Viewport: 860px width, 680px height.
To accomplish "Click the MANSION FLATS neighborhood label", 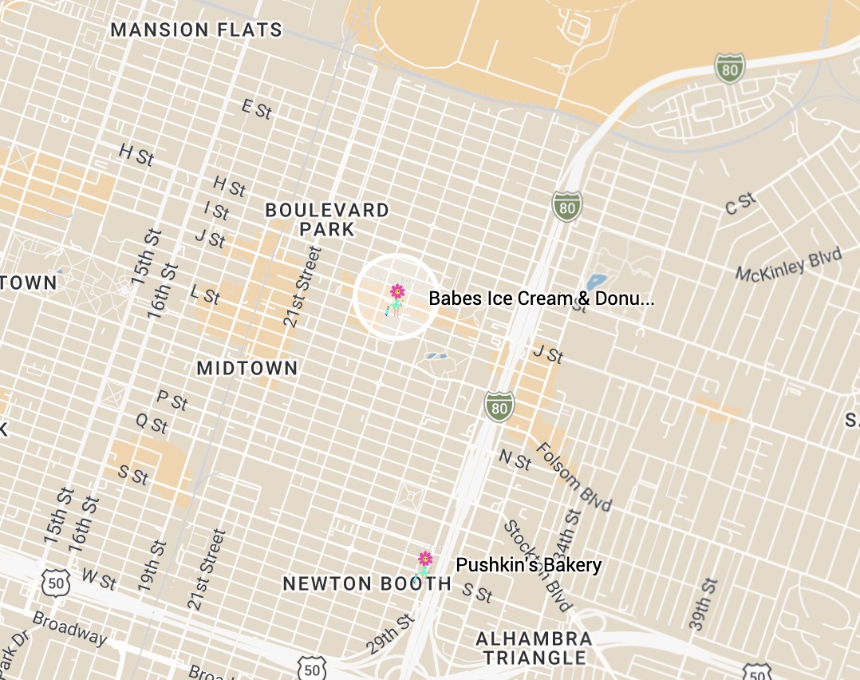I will point(196,30).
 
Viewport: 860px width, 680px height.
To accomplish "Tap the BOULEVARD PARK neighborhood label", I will point(327,219).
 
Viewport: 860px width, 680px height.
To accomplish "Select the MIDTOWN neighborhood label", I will point(247,368).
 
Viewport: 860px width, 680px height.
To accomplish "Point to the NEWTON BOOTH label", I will point(367,583).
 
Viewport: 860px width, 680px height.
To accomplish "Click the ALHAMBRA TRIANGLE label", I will point(534,648).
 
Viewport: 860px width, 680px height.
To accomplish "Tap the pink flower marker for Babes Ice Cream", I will point(397,291).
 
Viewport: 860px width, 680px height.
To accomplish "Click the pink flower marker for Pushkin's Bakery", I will point(425,559).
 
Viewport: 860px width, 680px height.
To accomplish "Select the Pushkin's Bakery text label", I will point(528,565).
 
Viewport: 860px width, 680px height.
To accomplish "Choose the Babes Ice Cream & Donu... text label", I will point(541,298).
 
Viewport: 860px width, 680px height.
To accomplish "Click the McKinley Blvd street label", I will point(788,264).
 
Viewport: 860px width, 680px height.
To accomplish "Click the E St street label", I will point(256,109).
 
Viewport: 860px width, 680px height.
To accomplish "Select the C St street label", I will point(740,204).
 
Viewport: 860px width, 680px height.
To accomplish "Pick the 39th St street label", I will point(704,603).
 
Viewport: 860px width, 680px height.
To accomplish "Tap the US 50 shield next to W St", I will point(58,583).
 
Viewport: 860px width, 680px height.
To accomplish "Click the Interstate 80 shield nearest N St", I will point(499,406).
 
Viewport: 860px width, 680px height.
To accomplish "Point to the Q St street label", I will point(151,423).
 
